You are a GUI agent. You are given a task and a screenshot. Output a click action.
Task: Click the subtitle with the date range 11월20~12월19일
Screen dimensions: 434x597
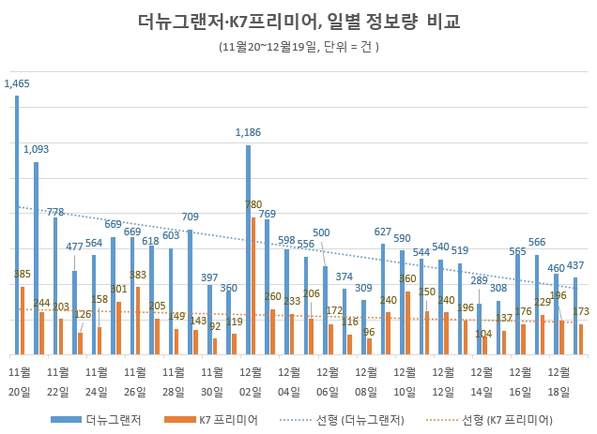click(x=298, y=46)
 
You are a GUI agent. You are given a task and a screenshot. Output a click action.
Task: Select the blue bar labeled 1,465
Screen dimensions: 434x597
click(x=17, y=225)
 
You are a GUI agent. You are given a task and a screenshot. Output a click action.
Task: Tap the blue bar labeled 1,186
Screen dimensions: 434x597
click(x=249, y=249)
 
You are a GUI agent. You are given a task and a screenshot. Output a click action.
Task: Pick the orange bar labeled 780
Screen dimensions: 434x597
click(x=253, y=286)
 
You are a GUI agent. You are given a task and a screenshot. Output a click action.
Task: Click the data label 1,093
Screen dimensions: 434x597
click(x=36, y=149)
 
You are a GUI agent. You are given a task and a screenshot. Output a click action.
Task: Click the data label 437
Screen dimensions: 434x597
click(x=575, y=265)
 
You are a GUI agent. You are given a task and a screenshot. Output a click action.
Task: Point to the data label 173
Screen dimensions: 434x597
click(x=581, y=310)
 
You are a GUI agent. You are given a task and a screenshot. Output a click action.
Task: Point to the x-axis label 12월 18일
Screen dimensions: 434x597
click(x=560, y=381)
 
